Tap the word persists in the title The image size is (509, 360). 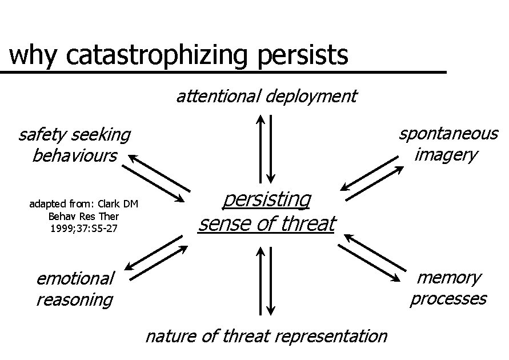click(x=303, y=56)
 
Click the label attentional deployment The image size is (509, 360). click(x=266, y=96)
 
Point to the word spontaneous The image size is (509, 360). click(x=448, y=134)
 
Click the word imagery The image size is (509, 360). click(x=446, y=154)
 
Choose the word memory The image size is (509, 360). click(x=449, y=278)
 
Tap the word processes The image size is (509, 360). click(x=448, y=298)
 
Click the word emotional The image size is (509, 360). click(x=75, y=278)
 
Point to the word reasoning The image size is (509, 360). click(x=74, y=299)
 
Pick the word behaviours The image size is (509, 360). click(x=74, y=155)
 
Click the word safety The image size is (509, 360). click(x=40, y=135)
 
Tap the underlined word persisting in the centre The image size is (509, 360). click(x=266, y=199)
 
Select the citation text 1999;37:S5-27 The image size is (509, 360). click(x=84, y=229)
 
